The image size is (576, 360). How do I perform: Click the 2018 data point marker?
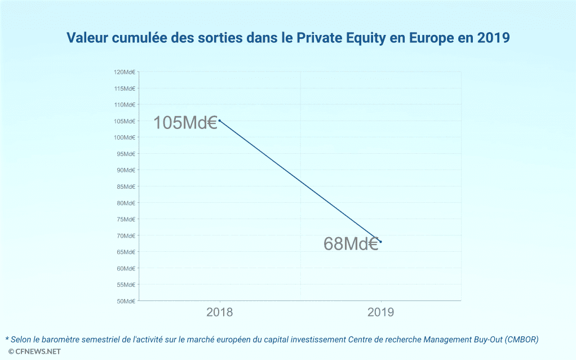(x=219, y=121)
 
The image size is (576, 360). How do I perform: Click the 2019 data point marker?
(x=381, y=242)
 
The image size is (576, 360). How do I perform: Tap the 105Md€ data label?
(x=185, y=123)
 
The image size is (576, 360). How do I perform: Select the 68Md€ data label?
(x=351, y=244)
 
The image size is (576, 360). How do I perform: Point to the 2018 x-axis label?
(x=220, y=312)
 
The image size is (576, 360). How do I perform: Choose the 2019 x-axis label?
(x=381, y=312)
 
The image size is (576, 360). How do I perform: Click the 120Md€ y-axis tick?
(x=125, y=72)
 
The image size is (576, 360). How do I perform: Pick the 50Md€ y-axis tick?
(x=126, y=301)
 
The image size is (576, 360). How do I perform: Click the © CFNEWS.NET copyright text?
(x=34, y=351)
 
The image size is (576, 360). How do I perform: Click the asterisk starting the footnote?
(x=7, y=338)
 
